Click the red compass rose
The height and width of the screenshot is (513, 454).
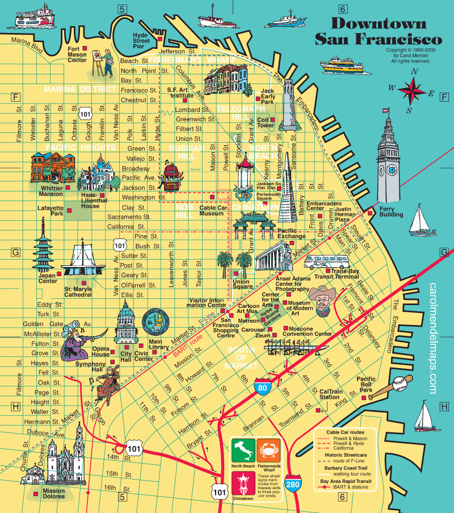click(415, 90)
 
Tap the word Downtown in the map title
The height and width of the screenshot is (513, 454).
click(378, 23)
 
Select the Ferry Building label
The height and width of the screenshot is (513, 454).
click(391, 211)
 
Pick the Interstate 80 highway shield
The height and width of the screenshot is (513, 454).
click(262, 386)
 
